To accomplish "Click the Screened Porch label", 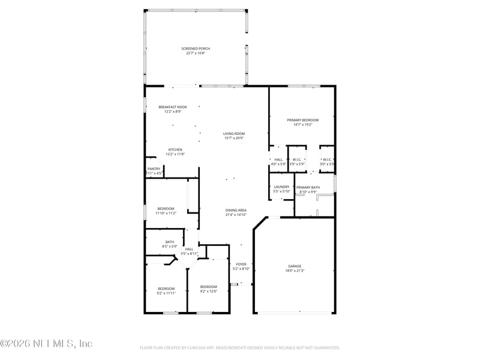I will point(196,49).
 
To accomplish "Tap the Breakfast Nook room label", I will point(173,107).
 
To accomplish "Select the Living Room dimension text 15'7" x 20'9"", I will point(234,139).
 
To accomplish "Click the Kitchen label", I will point(175,149).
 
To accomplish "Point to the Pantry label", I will point(154,169).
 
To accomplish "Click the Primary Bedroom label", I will point(302,120).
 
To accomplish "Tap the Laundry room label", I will point(281,187).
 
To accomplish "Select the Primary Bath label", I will point(308,188).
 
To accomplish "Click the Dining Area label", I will point(236,211).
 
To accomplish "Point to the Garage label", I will point(294,266).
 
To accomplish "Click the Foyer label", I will point(241,264).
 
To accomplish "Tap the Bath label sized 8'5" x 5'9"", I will point(170,242).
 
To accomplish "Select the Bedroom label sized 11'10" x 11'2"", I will point(166,208).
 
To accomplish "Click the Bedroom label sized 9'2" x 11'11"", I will point(166,288).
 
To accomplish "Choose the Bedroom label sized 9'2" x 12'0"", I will point(208,287).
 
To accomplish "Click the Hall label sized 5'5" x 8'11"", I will point(189,249).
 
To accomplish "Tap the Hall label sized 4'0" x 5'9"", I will point(278,160).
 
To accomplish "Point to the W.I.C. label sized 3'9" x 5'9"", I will point(297,160).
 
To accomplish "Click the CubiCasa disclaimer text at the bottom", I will point(240,347).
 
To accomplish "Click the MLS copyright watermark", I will point(47,344).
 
